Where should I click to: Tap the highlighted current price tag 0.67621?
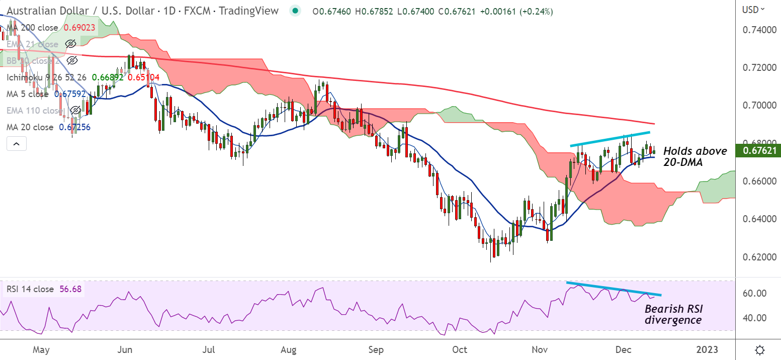click(x=758, y=150)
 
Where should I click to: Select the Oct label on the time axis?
click(x=459, y=349)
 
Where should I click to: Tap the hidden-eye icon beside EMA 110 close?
click(x=74, y=110)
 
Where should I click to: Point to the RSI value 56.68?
click(x=70, y=289)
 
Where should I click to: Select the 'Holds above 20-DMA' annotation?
click(x=695, y=156)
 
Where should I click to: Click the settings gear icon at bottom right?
click(x=760, y=349)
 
